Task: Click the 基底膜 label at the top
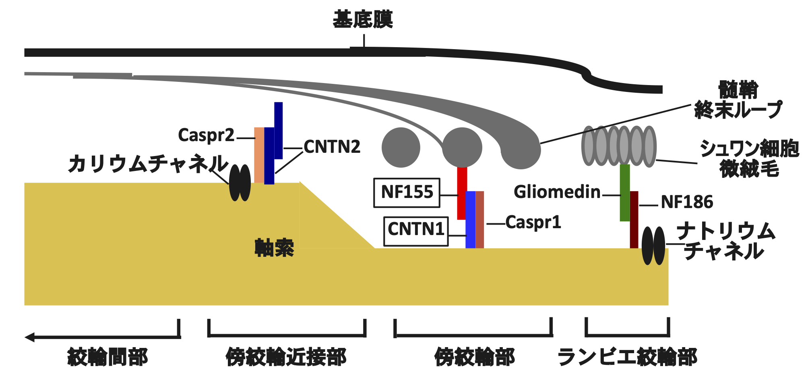[363, 19]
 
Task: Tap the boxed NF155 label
[407, 193]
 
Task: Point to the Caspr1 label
[533, 223]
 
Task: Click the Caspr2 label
[206, 135]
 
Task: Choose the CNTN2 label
[332, 147]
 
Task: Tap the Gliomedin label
[557, 192]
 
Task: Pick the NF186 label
[687, 202]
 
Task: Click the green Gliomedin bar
[624, 193]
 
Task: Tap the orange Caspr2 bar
[259, 155]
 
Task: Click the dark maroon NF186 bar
[634, 220]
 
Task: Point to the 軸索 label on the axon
[274, 248]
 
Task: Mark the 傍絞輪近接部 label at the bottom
[286, 357]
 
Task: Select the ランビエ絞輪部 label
[627, 357]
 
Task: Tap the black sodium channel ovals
[653, 246]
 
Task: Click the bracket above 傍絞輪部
[473, 334]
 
